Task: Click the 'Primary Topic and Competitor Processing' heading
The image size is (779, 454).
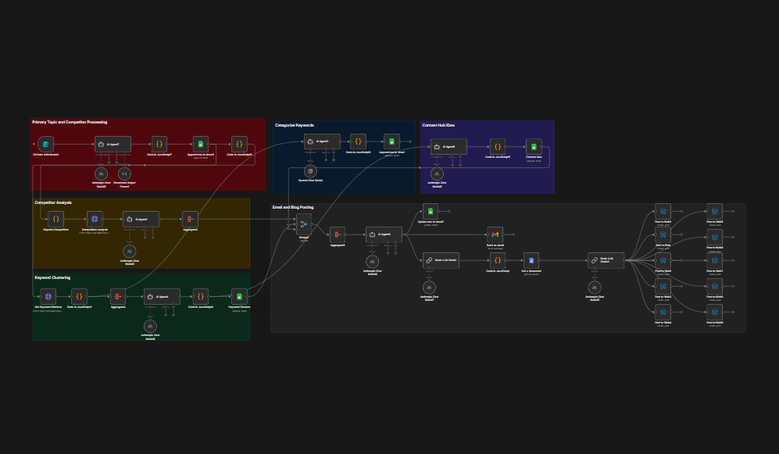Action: click(x=70, y=123)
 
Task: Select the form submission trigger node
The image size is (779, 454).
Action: click(x=47, y=145)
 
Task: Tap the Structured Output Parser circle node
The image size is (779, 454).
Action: click(x=123, y=173)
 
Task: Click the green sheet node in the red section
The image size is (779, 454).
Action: click(x=200, y=145)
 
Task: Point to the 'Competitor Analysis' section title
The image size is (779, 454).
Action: click(x=53, y=203)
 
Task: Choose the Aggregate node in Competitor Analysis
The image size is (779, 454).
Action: click(x=190, y=220)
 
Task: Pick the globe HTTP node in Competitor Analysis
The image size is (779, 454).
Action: click(x=95, y=220)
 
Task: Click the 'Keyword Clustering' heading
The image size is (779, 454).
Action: click(x=54, y=277)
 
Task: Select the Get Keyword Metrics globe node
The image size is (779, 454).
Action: click(x=48, y=297)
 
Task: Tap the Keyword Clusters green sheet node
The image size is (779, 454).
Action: click(x=239, y=297)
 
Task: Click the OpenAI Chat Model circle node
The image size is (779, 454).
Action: click(x=310, y=171)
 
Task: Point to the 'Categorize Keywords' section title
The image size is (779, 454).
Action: click(x=294, y=125)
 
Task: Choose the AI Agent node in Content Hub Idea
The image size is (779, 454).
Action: click(x=448, y=146)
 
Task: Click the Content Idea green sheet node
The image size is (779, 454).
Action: click(x=534, y=146)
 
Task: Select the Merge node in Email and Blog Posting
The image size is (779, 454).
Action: click(x=304, y=224)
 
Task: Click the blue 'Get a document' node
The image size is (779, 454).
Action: click(x=531, y=261)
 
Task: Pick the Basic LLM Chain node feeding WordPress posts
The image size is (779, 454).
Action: click(x=606, y=261)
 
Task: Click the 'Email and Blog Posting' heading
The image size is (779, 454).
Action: click(x=293, y=207)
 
